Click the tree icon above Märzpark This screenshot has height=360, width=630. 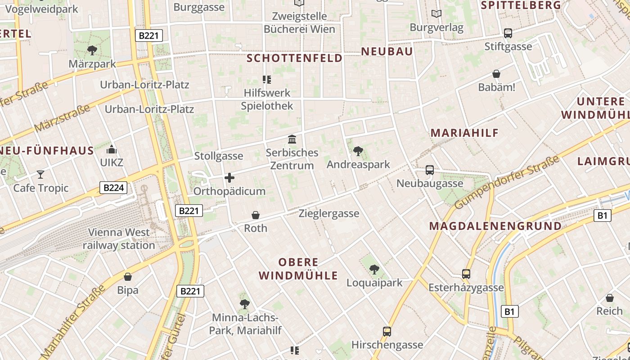92,50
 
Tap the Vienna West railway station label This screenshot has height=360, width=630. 119,239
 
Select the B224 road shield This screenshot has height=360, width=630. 113,188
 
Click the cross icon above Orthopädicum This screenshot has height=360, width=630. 229,178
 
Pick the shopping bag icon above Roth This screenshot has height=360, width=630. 256,215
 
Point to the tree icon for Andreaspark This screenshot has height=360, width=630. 358,151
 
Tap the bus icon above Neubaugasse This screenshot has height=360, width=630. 430,170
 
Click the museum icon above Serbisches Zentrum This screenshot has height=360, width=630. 292,139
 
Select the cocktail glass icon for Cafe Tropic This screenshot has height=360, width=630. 40,174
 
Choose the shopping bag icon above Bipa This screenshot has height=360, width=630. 128,276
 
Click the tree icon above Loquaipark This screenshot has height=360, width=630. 374,269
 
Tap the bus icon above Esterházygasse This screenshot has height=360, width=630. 466,274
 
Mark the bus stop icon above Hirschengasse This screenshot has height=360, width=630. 387,332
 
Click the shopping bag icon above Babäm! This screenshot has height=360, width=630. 496,74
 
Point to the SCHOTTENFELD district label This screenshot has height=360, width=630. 295,58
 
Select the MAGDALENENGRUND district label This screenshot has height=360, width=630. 495,226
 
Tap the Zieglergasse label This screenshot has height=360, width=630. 329,213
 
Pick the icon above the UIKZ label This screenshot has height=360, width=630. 112,149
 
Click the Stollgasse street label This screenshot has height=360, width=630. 219,156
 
